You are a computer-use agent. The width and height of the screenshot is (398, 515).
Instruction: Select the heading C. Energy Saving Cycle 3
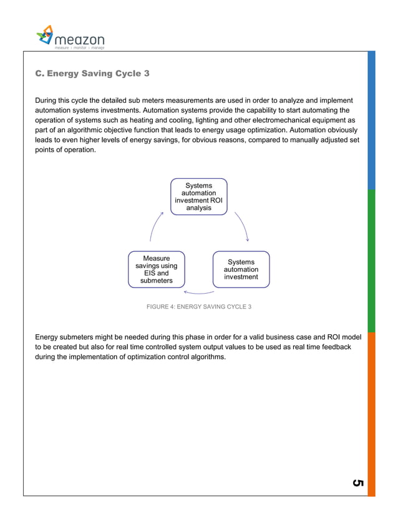coord(92,74)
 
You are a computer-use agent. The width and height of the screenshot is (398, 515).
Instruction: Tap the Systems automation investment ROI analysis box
coord(199,196)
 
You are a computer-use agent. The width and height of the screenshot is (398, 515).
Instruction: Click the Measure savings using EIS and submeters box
coord(156,269)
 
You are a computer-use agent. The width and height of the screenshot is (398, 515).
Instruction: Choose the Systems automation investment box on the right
coord(241,269)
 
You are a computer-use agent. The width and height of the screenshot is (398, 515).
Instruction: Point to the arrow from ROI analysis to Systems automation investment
coord(242,226)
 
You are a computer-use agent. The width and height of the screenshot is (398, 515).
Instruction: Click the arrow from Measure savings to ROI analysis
coord(155,226)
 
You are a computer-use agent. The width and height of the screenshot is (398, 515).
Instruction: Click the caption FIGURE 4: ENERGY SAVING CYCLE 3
coord(199,307)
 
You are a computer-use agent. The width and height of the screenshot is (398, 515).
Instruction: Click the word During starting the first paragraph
coord(48,100)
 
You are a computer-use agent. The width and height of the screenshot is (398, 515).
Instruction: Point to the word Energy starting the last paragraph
coord(48,337)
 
